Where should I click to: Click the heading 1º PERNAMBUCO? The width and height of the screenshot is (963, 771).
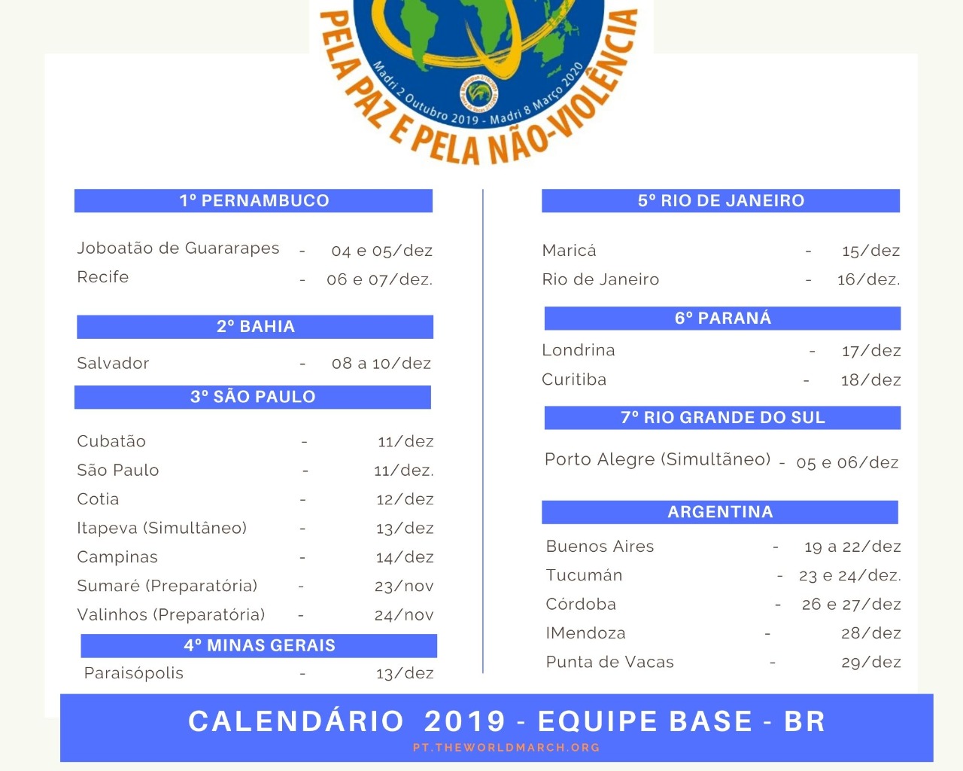coord(254,200)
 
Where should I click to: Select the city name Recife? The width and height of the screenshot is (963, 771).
coord(103,277)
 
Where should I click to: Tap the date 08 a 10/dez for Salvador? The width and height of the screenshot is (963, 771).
coord(381,364)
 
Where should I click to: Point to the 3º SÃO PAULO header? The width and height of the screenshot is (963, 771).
coord(253,397)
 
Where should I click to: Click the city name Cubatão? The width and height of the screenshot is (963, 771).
coord(111,441)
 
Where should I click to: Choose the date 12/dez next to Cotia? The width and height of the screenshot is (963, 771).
coord(405,499)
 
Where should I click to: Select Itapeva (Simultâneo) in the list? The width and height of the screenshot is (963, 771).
coord(162,528)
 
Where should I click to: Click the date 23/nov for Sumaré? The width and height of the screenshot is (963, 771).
coord(404,586)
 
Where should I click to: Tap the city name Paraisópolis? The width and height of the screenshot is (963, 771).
coord(134,673)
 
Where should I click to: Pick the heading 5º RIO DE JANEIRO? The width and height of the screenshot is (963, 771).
coord(721,200)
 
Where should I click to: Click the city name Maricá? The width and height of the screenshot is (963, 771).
coord(570,251)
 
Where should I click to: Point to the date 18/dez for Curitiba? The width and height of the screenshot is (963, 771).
coord(870,380)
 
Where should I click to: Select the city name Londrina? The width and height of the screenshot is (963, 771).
coord(579,350)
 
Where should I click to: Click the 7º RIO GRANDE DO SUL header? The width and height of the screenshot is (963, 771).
coord(722,418)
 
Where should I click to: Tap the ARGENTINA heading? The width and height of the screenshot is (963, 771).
coord(720,512)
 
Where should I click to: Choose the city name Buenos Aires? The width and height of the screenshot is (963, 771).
coord(600,547)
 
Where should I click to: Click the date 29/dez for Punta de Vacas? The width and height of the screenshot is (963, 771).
coord(870,663)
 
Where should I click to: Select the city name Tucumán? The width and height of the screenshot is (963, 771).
coord(585,575)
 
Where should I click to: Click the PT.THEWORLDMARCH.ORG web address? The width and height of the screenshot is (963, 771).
coord(506,748)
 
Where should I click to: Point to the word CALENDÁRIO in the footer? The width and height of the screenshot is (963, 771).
coord(296,721)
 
